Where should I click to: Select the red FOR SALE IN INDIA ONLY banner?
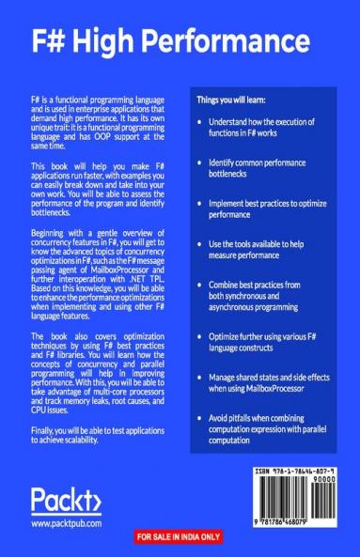pos(180,536)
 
